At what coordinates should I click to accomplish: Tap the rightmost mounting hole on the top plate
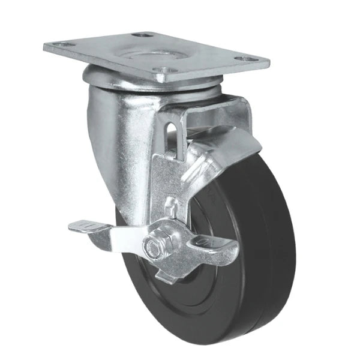[245, 59]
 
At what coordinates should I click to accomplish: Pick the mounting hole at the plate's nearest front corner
[160, 76]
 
